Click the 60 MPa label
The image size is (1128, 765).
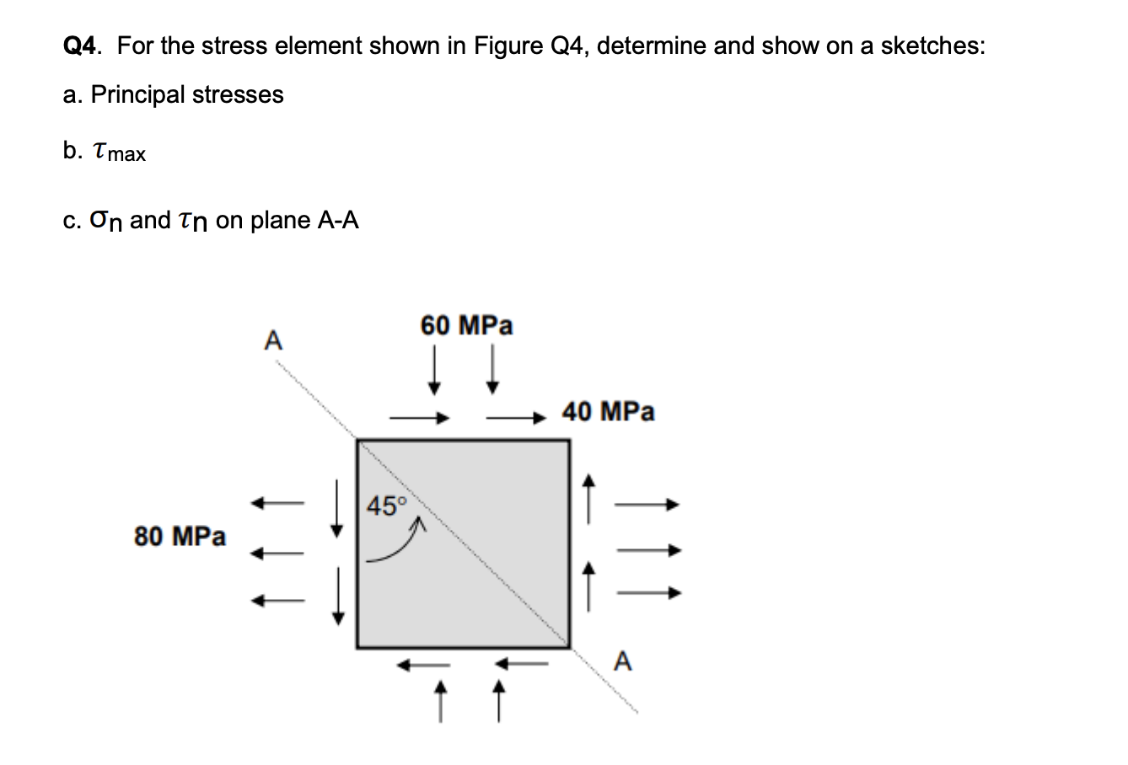(466, 325)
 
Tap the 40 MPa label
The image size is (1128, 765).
(608, 412)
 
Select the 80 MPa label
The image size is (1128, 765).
(180, 536)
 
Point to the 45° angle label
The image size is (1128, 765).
(388, 506)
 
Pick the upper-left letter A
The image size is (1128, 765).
(272, 340)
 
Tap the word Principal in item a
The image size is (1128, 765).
(138, 94)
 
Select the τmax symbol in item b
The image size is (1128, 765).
(117, 152)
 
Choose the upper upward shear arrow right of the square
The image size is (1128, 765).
(590, 498)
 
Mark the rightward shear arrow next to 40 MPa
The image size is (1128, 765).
(516, 416)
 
